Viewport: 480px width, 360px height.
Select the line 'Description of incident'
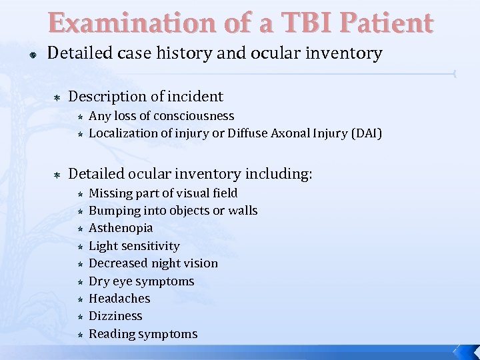coord(146,97)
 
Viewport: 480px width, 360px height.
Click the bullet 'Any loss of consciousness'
coord(161,117)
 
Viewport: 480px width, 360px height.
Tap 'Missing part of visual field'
coord(163,193)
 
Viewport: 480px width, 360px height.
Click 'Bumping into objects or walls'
coord(173,211)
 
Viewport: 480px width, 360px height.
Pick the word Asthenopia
coord(121,228)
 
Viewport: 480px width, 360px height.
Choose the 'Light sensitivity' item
coord(134,246)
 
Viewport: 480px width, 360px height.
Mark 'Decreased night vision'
coord(153,263)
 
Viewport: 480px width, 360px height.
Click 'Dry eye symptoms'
coord(141,281)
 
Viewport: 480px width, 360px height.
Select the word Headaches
coord(119,299)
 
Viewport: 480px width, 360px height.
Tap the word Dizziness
coord(116,316)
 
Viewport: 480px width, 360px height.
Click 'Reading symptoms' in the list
coord(143,333)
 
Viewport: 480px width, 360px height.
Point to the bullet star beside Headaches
coord(79,299)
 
